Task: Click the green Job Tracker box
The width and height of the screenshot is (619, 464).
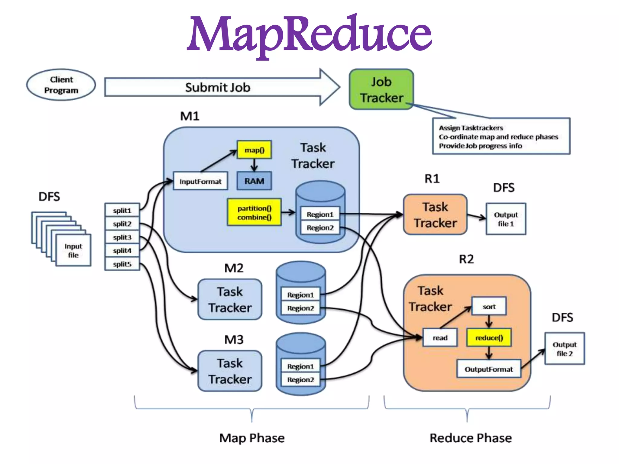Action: click(x=381, y=89)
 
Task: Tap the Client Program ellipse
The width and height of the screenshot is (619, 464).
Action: click(x=61, y=85)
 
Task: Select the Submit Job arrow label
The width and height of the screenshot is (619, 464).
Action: click(x=218, y=88)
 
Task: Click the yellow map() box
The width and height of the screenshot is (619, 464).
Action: click(x=254, y=150)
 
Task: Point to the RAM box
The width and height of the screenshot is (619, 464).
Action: click(x=254, y=181)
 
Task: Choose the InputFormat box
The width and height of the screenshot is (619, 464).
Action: click(x=200, y=181)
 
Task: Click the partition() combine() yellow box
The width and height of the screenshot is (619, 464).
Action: click(x=254, y=212)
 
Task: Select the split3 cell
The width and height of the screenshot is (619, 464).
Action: click(x=122, y=237)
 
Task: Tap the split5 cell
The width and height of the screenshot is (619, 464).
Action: click(x=122, y=264)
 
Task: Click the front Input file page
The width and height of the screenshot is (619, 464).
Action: click(x=73, y=250)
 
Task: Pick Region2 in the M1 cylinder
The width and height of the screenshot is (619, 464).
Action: click(x=320, y=228)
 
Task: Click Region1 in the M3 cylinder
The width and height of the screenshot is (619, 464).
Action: click(x=300, y=366)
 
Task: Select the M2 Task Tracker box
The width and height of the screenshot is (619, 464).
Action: click(x=230, y=299)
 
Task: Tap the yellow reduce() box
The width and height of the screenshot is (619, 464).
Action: click(x=489, y=338)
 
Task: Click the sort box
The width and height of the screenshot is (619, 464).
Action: click(x=489, y=307)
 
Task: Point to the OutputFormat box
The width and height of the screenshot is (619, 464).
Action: click(x=489, y=369)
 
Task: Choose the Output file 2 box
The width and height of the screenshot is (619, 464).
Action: click(x=564, y=349)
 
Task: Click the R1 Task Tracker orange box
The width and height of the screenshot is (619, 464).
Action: click(x=435, y=215)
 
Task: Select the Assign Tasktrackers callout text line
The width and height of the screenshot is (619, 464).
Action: click(x=471, y=128)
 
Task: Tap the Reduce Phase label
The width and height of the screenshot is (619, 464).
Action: click(x=471, y=438)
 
